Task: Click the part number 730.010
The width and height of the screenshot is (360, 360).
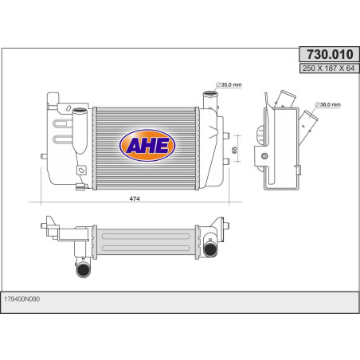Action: click(x=330, y=54)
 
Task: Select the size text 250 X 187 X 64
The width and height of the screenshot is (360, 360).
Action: click(x=329, y=68)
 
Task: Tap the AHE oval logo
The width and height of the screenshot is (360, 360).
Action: click(x=147, y=146)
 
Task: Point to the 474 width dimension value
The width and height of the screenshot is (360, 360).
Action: click(x=135, y=198)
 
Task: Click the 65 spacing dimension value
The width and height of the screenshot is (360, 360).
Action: click(x=234, y=150)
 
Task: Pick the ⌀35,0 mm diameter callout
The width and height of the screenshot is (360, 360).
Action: click(x=229, y=85)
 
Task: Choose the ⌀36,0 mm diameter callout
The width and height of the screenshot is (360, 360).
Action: click(x=327, y=104)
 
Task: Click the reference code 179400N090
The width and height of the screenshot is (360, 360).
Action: click(x=22, y=299)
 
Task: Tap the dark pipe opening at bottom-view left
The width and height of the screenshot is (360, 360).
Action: click(x=83, y=270)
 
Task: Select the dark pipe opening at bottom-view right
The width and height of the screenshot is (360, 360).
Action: click(x=210, y=249)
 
